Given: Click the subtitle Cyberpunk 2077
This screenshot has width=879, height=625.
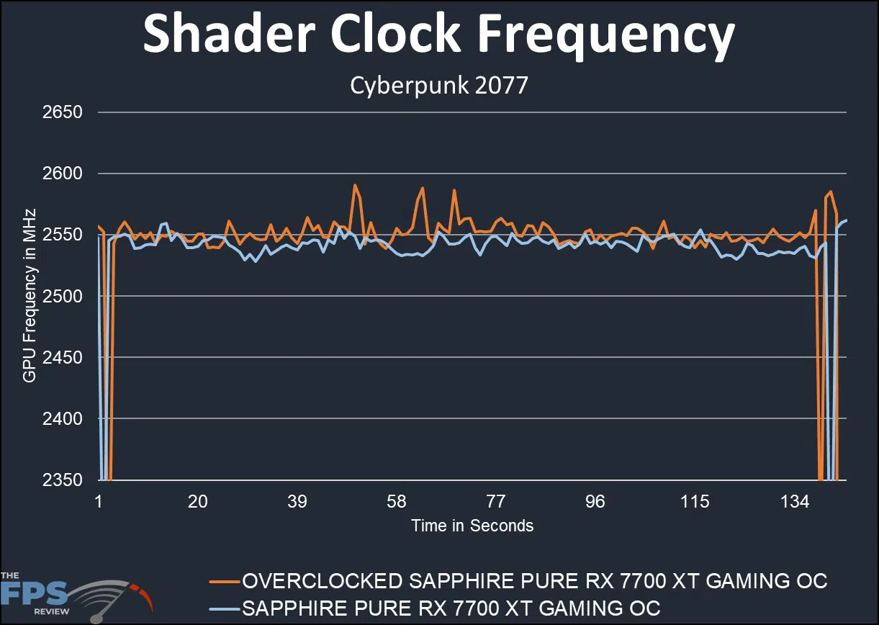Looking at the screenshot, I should (439, 86).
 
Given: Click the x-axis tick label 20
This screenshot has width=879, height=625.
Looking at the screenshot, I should (197, 502).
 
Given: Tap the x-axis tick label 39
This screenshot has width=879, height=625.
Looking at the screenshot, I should (297, 502).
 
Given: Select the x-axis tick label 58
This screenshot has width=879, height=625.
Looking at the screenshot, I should (396, 502).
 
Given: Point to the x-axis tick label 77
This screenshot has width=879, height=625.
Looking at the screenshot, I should (496, 502).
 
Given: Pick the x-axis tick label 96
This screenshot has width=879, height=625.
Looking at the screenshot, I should (595, 502).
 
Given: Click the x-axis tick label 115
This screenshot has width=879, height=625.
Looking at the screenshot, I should (695, 502).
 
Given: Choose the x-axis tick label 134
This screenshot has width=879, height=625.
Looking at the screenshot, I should (794, 502).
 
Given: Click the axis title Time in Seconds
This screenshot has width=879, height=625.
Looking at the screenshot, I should (472, 526).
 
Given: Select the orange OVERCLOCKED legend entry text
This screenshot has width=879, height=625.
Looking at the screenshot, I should (534, 580).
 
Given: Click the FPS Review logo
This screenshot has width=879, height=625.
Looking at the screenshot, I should (72, 592).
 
